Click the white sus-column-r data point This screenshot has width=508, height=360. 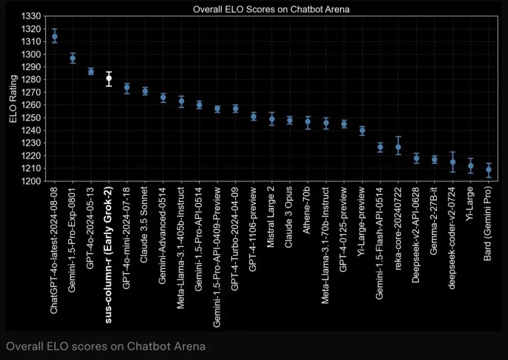(x=109, y=78)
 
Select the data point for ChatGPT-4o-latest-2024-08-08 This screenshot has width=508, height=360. (x=55, y=36)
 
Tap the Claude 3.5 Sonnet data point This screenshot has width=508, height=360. (x=145, y=92)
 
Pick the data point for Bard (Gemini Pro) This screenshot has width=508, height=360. (x=489, y=169)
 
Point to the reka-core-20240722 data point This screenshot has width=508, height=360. (x=398, y=147)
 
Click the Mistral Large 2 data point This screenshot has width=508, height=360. (x=272, y=119)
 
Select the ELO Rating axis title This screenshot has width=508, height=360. (x=14, y=99)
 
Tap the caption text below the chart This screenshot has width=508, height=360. (x=106, y=346)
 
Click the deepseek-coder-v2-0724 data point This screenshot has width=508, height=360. (x=453, y=162)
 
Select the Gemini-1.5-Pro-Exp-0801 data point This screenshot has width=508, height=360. (x=73, y=58)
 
